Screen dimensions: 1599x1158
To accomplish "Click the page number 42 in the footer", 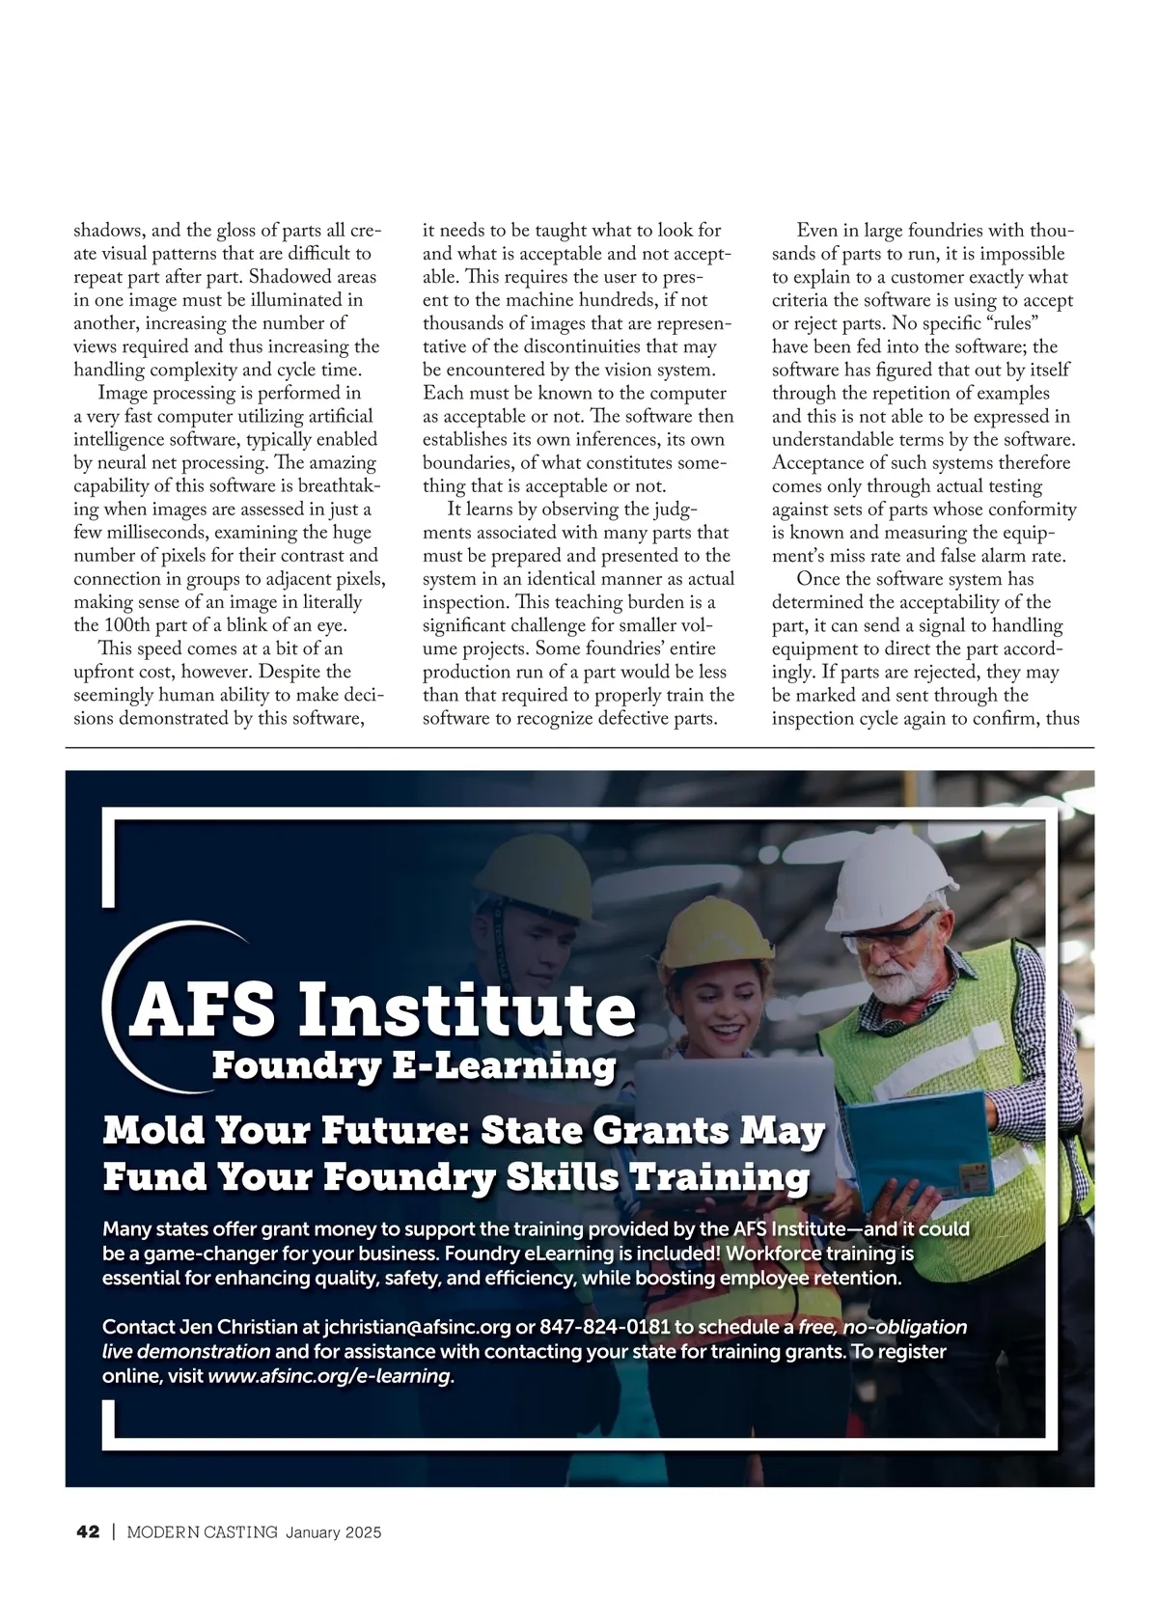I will tap(88, 1532).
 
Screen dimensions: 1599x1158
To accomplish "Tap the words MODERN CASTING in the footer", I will tap(203, 1532).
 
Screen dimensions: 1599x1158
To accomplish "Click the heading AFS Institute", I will tap(383, 1008).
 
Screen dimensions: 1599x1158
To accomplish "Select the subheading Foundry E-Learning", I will tap(413, 1066).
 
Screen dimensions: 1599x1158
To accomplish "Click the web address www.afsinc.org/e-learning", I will tap(329, 1376).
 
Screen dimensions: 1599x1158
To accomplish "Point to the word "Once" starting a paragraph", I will tap(818, 579).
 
